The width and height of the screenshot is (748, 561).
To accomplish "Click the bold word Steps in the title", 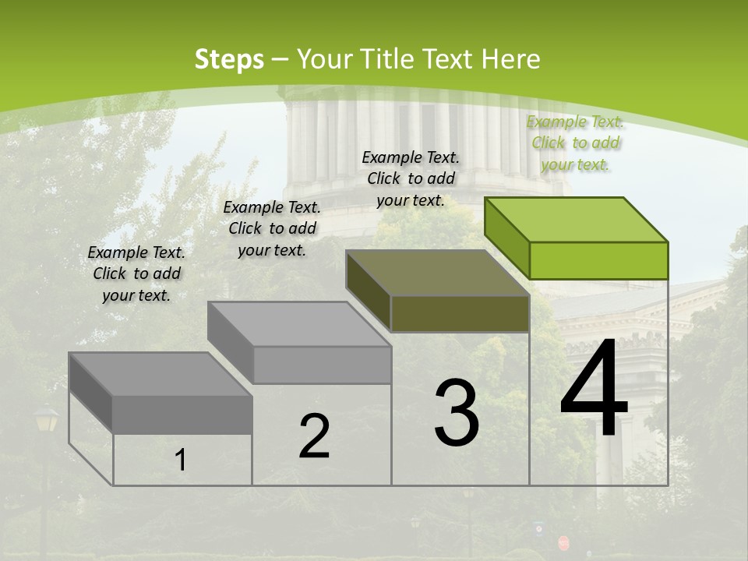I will click(x=228, y=59).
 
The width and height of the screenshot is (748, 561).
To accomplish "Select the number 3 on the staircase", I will click(x=456, y=413).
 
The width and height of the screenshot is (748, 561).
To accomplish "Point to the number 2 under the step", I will click(x=314, y=436).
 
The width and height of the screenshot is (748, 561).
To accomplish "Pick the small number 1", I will click(x=181, y=460).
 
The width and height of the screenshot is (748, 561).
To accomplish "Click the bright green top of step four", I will click(x=577, y=219).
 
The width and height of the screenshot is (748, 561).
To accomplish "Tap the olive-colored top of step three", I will click(x=436, y=273).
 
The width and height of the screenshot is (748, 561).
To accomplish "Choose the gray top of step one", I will click(x=160, y=374).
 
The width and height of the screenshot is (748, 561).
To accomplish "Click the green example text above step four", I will click(x=575, y=143).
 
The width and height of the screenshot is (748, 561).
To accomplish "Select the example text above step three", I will click(x=411, y=178).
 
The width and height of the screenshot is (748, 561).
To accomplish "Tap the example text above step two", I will click(x=272, y=228).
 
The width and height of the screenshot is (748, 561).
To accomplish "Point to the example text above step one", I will click(x=136, y=273).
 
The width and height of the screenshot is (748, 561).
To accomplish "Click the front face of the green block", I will click(x=598, y=260).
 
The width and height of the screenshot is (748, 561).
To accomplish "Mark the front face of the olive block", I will click(x=460, y=314).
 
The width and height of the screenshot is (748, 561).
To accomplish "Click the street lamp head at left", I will click(x=46, y=421).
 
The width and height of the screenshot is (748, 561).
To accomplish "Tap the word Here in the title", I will click(x=511, y=59).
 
